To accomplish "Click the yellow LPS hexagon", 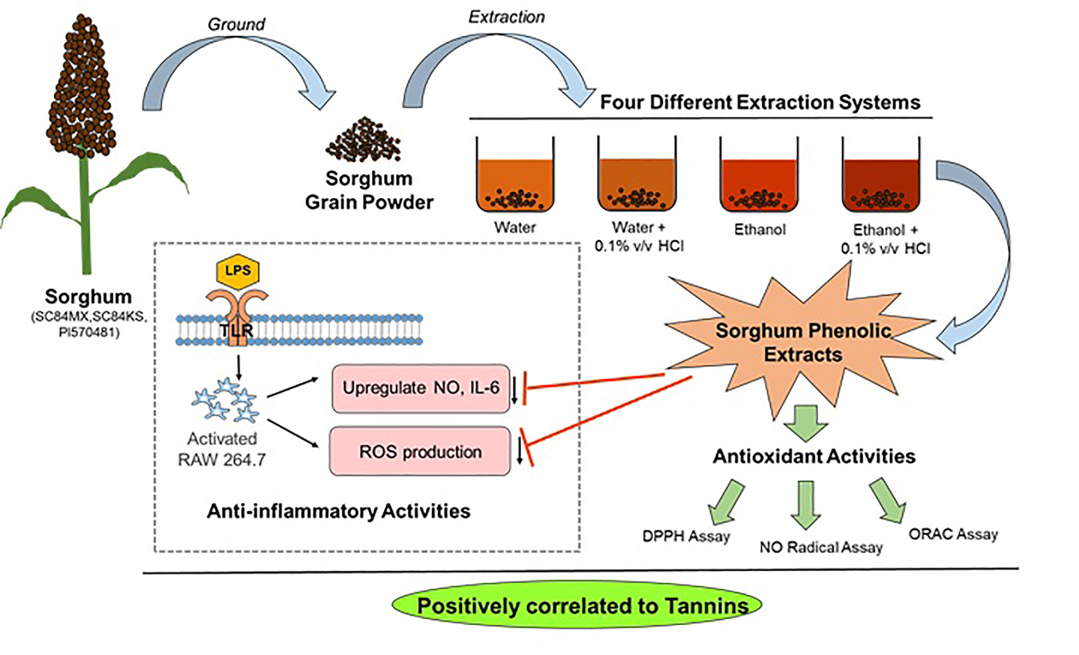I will click(x=238, y=271).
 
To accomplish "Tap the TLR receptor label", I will click(x=236, y=330).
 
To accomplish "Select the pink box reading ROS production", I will click(x=420, y=451).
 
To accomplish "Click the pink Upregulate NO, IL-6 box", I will click(x=420, y=388).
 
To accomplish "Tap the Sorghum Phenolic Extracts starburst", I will click(x=803, y=342).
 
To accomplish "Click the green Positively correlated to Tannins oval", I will click(x=577, y=605).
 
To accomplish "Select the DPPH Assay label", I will click(x=686, y=536).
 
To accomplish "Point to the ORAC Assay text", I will click(x=953, y=534).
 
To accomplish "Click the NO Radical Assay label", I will click(x=821, y=547).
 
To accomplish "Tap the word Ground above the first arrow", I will click(x=236, y=24).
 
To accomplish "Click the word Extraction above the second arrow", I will click(x=506, y=17).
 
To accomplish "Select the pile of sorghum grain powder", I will click(x=364, y=140).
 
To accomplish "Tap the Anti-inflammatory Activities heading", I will click(x=338, y=511).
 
